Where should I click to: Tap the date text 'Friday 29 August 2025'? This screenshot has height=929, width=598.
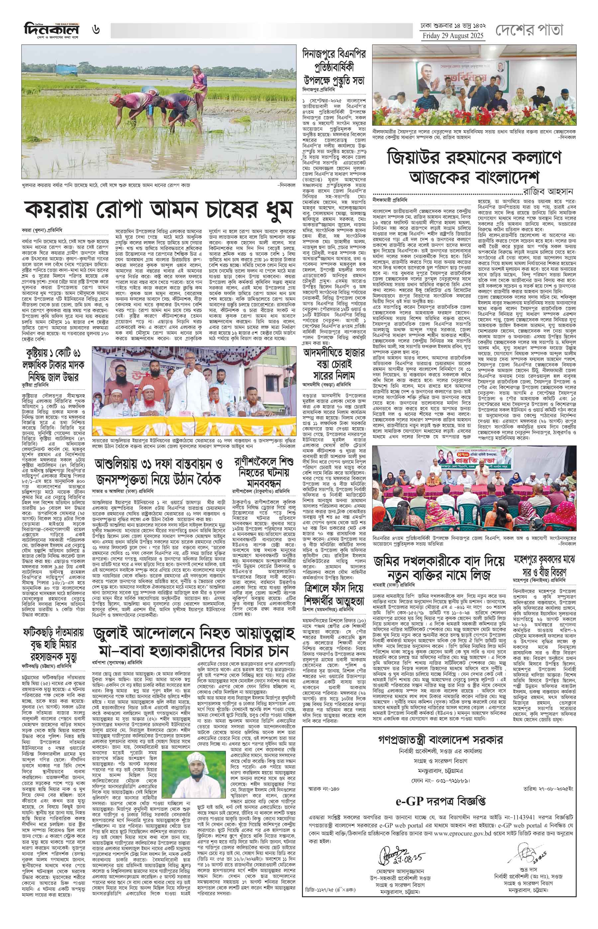click(x=453, y=36)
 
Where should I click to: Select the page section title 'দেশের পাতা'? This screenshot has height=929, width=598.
click(x=529, y=30)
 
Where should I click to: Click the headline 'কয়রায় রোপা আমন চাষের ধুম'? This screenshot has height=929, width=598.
click(x=158, y=210)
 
